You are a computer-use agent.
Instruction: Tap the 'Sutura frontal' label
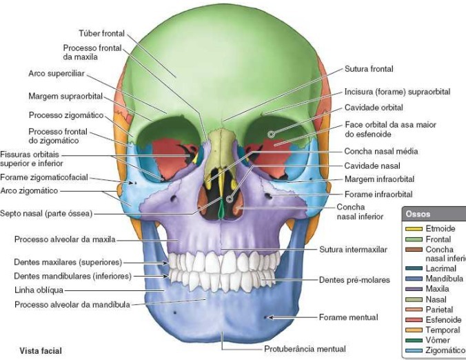[x=369, y=69]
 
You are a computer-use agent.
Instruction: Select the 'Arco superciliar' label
[x=56, y=72]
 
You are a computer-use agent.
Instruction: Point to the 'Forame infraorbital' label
[x=378, y=194]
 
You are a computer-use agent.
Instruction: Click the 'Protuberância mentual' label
[x=305, y=349]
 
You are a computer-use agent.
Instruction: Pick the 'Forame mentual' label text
[x=348, y=317]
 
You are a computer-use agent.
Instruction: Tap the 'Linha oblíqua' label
[x=39, y=290]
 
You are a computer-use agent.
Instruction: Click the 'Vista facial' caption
[x=41, y=351]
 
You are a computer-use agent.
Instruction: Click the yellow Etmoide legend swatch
[x=414, y=228]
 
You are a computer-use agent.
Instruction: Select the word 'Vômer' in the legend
[x=438, y=340]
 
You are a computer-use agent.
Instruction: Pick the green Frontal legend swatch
[x=414, y=239]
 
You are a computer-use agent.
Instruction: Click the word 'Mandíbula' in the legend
[x=445, y=279]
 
